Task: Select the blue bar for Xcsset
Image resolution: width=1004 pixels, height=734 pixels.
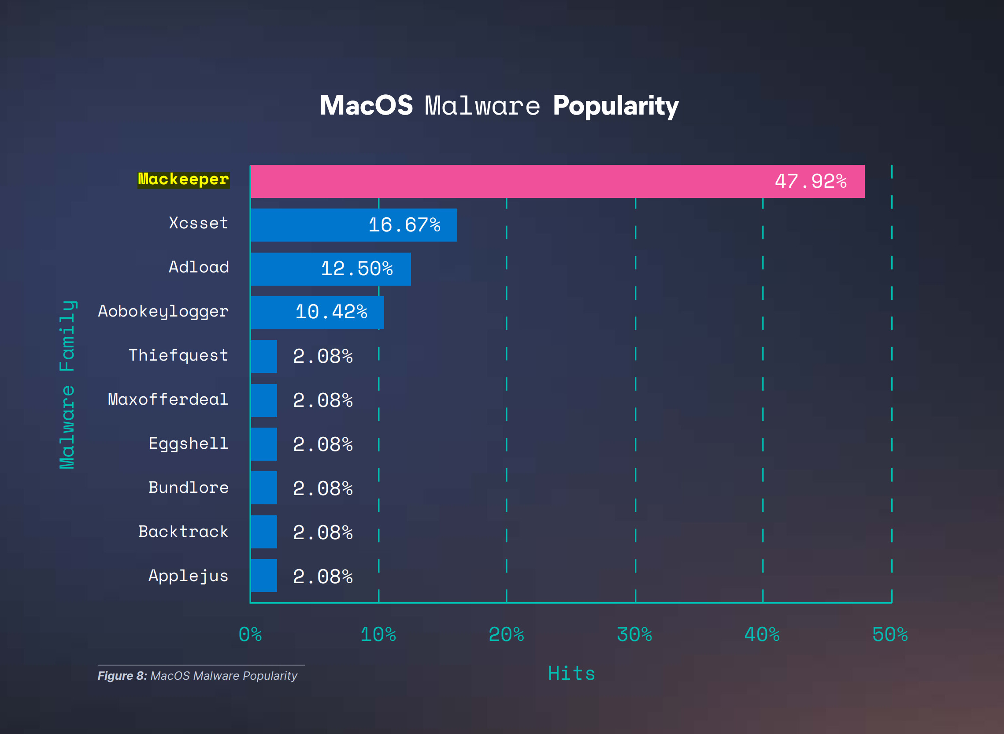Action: click(x=353, y=225)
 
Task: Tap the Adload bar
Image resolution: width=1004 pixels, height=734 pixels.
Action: click(x=330, y=269)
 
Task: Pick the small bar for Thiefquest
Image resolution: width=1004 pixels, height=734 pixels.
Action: click(x=264, y=356)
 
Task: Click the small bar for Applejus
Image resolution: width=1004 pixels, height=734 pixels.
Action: click(x=264, y=575)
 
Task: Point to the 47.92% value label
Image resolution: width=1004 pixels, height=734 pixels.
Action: click(x=811, y=181)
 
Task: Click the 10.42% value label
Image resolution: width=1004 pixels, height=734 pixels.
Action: click(x=331, y=312)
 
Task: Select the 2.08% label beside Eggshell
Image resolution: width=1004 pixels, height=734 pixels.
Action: click(x=323, y=444)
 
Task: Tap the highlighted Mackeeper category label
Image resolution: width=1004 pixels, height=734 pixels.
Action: click(x=183, y=179)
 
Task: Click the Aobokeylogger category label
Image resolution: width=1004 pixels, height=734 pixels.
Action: click(x=163, y=312)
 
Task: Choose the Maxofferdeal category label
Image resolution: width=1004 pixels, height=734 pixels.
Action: click(x=168, y=399)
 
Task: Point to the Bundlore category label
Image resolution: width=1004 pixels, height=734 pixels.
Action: click(x=188, y=488)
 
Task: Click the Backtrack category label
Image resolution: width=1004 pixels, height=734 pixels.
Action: click(x=183, y=531)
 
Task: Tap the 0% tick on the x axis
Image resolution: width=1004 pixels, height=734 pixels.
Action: click(x=250, y=634)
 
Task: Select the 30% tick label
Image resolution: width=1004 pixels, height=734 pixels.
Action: click(x=634, y=634)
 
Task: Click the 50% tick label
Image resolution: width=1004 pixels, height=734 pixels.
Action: click(x=889, y=634)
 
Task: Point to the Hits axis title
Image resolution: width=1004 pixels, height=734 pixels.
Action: click(x=571, y=673)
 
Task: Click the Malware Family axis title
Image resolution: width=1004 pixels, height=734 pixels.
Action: click(x=67, y=384)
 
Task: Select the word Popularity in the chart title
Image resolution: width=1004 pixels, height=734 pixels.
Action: click(x=615, y=106)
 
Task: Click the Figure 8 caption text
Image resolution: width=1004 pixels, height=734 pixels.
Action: click(x=197, y=676)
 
